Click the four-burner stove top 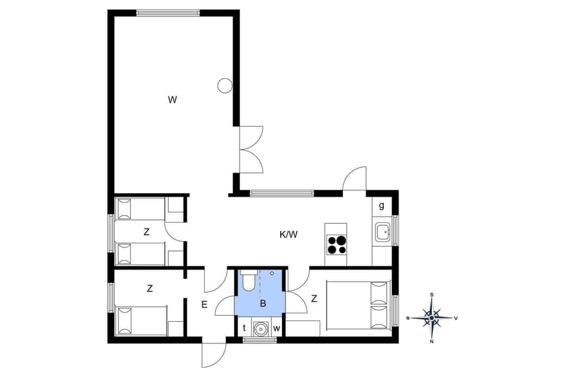(337, 244)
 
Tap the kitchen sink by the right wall (382, 232)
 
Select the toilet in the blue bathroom (248, 280)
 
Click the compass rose (432, 318)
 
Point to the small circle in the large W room (224, 86)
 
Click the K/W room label (288, 234)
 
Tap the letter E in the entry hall (204, 305)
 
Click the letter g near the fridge (381, 206)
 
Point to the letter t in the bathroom (244, 328)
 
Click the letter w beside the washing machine (276, 328)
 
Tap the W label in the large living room (172, 100)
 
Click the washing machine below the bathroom (260, 328)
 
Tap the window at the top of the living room (168, 12)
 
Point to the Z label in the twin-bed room (146, 232)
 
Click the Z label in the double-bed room (314, 299)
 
